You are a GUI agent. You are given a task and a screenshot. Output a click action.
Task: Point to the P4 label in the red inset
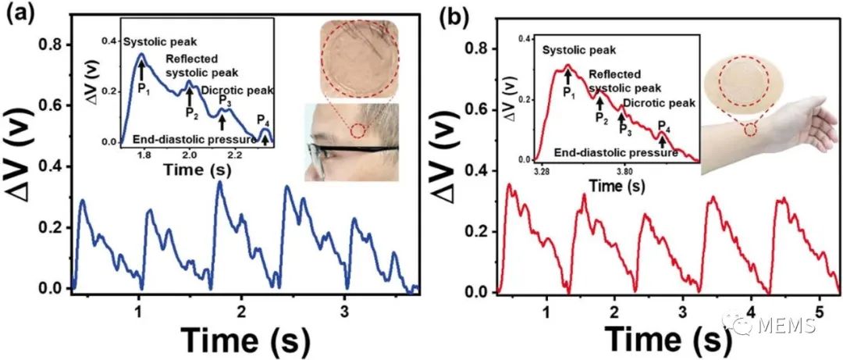pos(663,126)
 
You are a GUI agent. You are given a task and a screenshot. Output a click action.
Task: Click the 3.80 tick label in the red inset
pos(626,169)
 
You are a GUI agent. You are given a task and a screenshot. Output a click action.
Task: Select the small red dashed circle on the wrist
pos(750,130)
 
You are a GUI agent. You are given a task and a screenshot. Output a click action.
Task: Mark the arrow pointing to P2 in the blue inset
pos(188,98)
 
